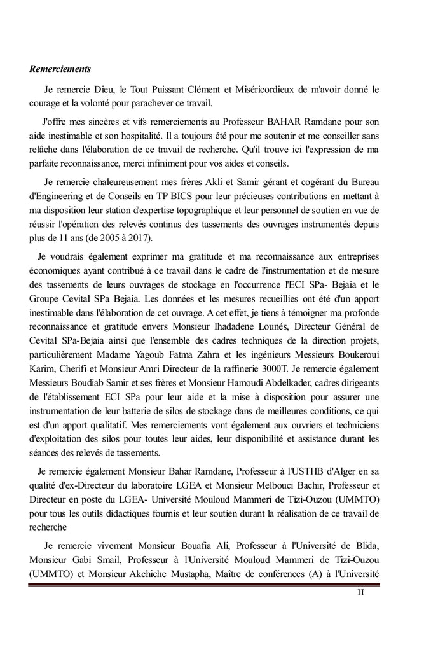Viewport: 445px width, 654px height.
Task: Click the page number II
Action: tap(362, 593)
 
